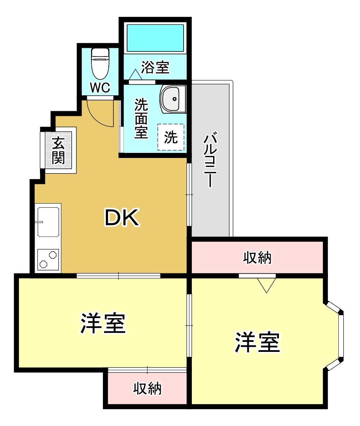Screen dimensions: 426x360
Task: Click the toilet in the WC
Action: click(x=100, y=64)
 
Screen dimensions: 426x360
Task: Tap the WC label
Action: click(x=100, y=87)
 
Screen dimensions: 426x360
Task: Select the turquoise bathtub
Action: click(x=155, y=37)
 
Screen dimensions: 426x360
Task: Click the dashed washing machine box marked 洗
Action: click(x=171, y=137)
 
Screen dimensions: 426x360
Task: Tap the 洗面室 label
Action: click(x=141, y=118)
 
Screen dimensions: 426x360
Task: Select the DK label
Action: click(x=122, y=218)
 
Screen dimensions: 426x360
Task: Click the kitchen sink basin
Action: click(x=48, y=221)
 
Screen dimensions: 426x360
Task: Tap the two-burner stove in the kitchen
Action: click(x=48, y=259)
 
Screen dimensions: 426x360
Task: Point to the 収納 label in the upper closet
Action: click(x=257, y=258)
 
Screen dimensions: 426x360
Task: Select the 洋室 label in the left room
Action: click(x=103, y=323)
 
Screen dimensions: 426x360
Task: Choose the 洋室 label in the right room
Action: click(x=258, y=343)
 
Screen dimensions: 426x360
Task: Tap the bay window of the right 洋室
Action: click(x=340, y=336)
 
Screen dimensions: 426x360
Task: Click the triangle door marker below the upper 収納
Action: click(x=266, y=285)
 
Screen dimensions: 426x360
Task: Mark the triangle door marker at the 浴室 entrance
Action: click(x=135, y=75)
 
